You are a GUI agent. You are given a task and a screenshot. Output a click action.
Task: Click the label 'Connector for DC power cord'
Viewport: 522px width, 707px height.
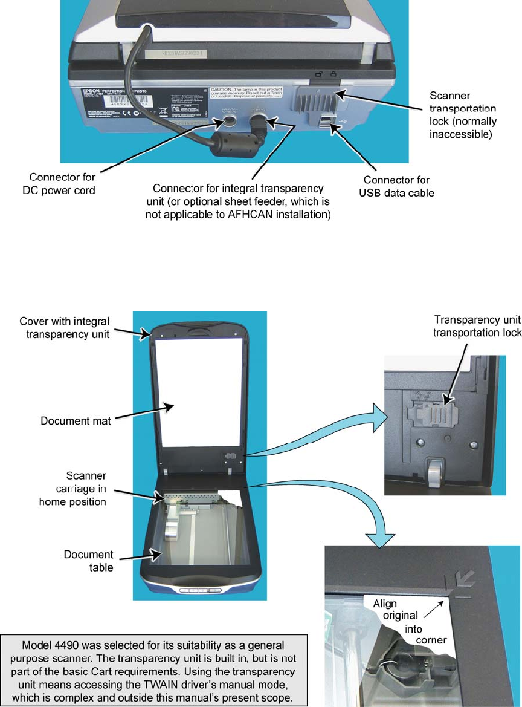[63, 184]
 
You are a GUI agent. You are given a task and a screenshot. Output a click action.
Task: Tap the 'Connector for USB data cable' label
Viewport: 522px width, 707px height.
[397, 186]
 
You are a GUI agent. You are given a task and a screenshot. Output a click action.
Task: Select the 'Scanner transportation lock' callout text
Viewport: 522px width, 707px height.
[463, 115]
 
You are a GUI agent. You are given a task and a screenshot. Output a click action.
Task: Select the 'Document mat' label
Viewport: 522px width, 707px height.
[76, 420]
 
